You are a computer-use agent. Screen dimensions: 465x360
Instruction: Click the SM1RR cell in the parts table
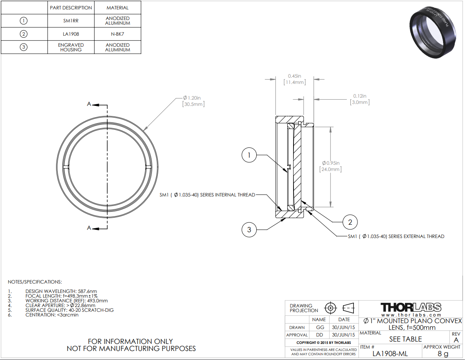tap(71, 21)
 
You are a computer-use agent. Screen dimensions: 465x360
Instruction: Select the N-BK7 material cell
tap(117, 34)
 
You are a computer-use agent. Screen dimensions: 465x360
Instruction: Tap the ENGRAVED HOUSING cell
tap(71, 47)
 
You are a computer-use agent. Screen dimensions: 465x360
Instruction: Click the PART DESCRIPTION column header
tap(71, 8)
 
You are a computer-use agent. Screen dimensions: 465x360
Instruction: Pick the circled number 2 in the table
tap(24, 34)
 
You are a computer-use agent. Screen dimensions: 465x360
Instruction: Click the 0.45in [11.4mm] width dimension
tap(294, 79)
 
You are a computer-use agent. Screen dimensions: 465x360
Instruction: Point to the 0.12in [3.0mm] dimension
tap(360, 99)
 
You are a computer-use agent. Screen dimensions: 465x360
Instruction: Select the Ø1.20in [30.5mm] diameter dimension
tap(193, 101)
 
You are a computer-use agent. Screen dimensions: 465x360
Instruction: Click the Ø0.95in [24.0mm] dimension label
tap(331, 166)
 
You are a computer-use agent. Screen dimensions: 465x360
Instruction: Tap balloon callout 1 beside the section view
tap(249, 155)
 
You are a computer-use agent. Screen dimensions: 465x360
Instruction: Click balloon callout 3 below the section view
tap(249, 230)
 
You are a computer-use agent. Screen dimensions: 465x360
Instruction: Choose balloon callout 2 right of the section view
tap(350, 222)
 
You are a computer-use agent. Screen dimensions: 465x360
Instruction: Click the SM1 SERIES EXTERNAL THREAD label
tap(396, 236)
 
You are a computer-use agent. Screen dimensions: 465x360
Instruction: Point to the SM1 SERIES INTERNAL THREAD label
tap(207, 195)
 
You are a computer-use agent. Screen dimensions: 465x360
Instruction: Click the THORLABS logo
tap(411, 307)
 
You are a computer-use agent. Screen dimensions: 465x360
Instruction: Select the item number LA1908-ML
tap(390, 353)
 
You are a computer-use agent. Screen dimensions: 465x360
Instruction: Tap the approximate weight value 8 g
tap(443, 353)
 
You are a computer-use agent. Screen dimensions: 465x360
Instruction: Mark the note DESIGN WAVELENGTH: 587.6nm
tap(61, 291)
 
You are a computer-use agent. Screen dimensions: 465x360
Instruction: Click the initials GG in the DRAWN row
tap(320, 327)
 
